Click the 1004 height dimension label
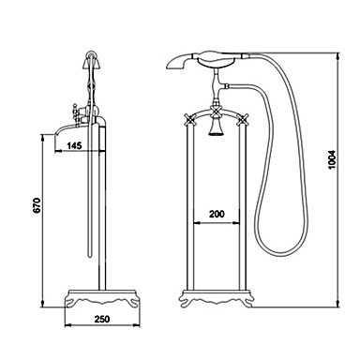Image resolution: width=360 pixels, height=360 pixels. pos(332,159)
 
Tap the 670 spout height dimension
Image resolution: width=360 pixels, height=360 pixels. pos(37,205)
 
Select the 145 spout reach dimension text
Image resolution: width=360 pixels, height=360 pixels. pos(74,145)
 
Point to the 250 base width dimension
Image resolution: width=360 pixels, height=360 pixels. pos(102,319)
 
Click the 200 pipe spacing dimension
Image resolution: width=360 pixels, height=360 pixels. pos(217,214)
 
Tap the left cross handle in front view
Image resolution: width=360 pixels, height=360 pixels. pos(190,119)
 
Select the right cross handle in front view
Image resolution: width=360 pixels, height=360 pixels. pos(243,119)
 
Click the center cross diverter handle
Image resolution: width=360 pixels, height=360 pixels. pos(217,110)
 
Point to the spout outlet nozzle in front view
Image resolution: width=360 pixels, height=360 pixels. pos(217,128)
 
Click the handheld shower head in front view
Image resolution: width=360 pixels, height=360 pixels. pos(202,61)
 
